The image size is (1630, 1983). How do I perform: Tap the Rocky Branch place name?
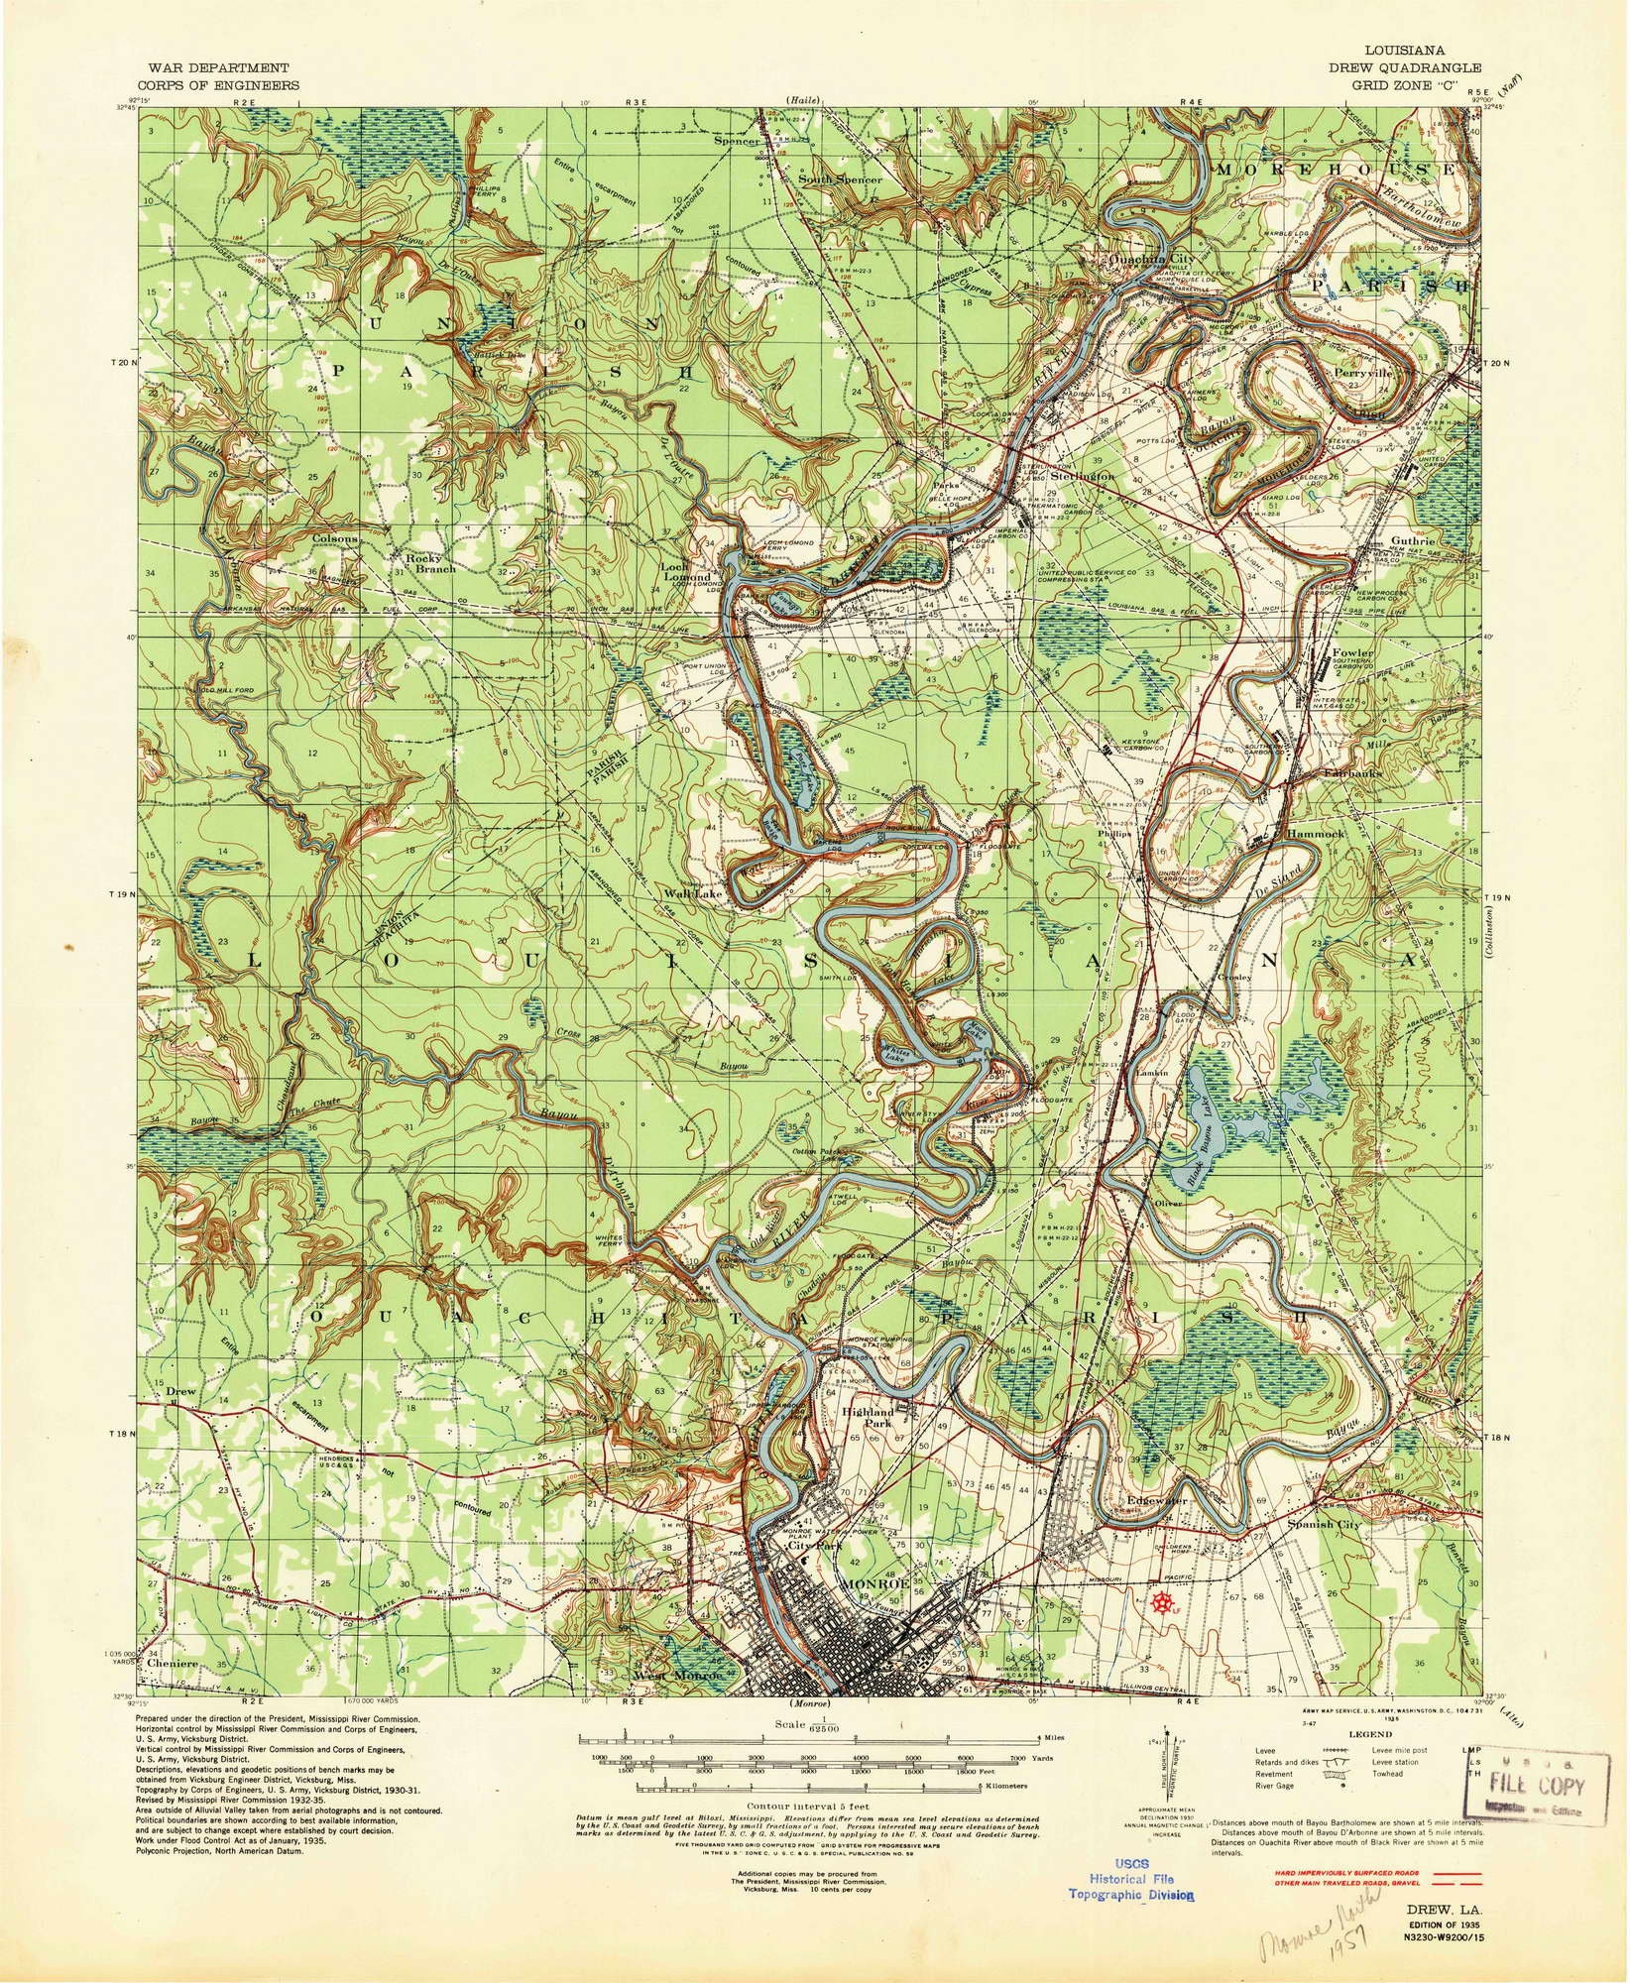click(428, 564)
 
